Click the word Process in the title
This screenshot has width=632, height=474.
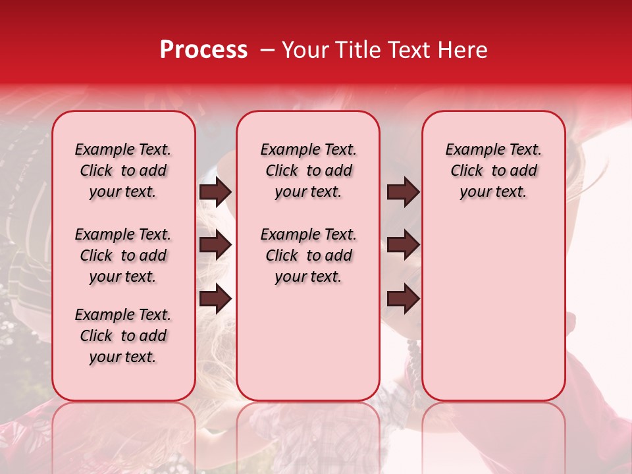click(203, 50)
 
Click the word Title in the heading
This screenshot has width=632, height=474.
click(354, 50)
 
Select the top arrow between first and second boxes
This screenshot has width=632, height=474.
click(215, 192)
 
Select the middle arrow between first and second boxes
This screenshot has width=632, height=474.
click(215, 245)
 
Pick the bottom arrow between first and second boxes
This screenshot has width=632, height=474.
click(215, 299)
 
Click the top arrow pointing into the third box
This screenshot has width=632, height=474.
click(403, 192)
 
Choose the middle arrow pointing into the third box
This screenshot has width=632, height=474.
click(403, 245)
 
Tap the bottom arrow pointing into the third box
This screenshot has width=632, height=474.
click(403, 299)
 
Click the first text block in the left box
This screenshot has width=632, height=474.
click(123, 171)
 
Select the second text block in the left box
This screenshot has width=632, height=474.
click(123, 255)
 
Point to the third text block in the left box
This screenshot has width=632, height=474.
click(123, 336)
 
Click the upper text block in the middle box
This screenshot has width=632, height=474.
click(308, 171)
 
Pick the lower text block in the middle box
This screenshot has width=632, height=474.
click(308, 255)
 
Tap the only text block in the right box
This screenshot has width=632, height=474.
click(493, 171)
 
